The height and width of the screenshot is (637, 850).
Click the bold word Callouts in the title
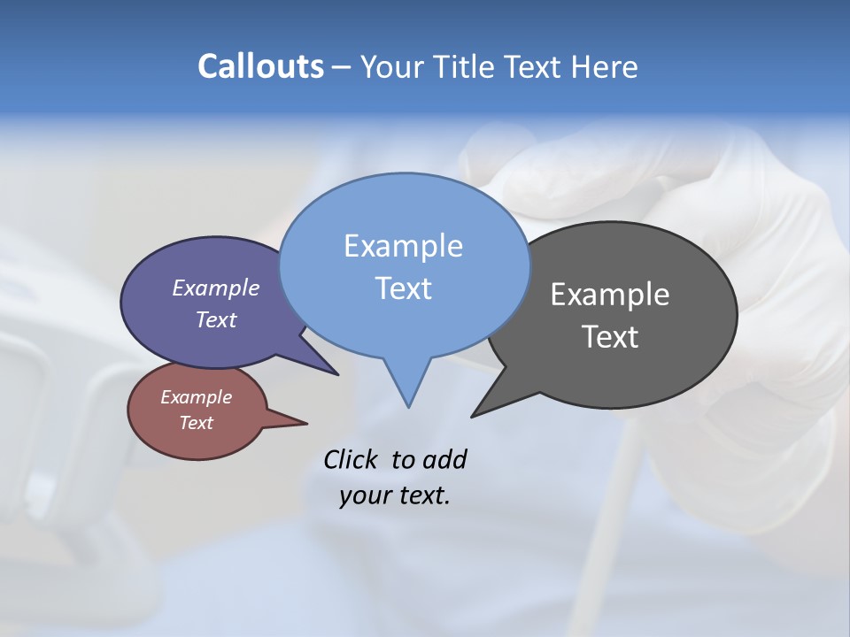point(260,66)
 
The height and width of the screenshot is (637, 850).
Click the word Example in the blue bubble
point(403,246)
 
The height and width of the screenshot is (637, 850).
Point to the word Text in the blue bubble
point(403,288)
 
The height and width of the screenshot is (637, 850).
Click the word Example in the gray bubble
point(610,295)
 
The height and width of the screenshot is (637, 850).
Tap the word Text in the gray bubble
point(610,337)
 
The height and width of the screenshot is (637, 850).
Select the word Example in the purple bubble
point(216,288)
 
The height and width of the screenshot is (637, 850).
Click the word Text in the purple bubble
point(216,319)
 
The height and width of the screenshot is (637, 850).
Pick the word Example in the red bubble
point(196,397)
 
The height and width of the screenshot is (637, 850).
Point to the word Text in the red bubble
point(196,423)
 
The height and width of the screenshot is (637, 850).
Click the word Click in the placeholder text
point(352,460)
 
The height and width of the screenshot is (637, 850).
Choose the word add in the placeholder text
point(444,460)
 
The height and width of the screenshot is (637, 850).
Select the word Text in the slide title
point(537,66)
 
